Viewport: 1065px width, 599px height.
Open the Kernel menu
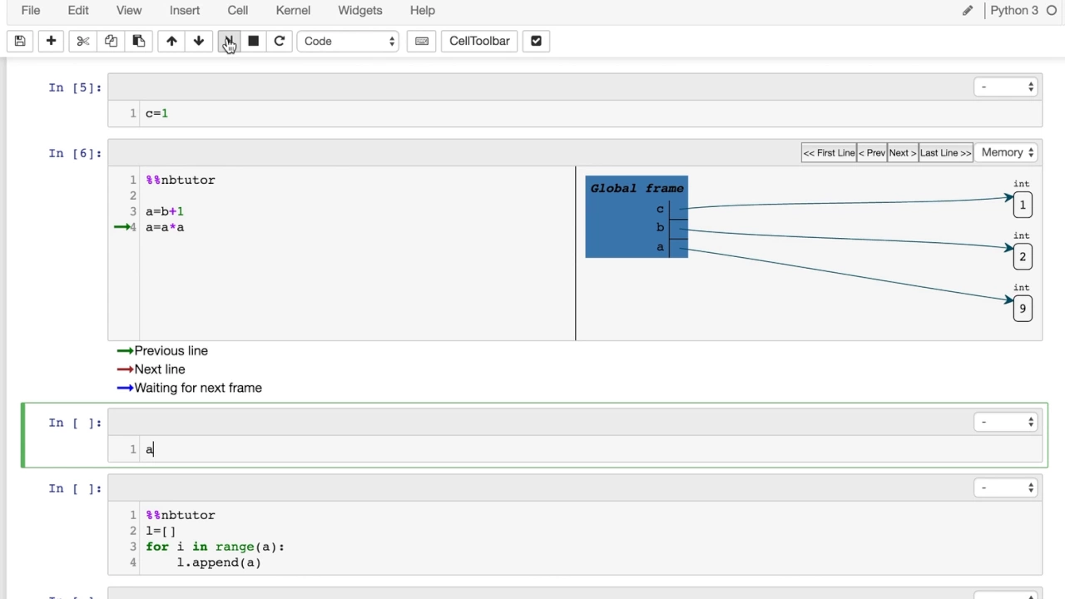(x=293, y=11)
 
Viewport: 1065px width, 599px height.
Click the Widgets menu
(x=360, y=11)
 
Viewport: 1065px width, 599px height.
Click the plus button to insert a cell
(x=51, y=41)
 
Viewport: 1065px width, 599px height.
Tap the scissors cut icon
(x=82, y=41)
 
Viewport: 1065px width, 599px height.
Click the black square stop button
(x=254, y=41)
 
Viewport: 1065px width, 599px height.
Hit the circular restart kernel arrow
(x=279, y=41)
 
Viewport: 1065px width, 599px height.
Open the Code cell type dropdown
(x=348, y=41)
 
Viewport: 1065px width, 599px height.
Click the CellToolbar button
(x=479, y=41)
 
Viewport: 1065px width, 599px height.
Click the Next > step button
(x=903, y=152)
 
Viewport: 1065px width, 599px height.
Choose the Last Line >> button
(x=946, y=152)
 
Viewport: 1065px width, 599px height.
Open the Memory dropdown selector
(x=1006, y=152)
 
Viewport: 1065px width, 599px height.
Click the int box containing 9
(x=1023, y=309)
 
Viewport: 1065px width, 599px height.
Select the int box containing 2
(x=1023, y=257)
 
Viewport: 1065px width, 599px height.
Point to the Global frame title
(x=637, y=188)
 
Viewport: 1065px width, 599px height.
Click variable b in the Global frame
(x=660, y=228)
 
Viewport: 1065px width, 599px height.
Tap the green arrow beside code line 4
(x=122, y=227)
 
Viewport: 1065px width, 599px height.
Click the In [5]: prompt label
(x=75, y=88)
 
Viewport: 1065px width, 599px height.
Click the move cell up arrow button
(x=171, y=41)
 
